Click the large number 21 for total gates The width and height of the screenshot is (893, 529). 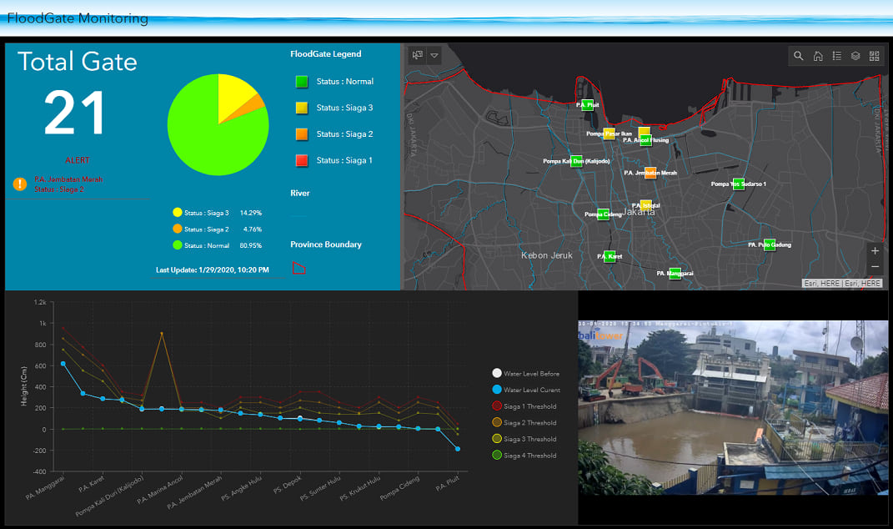[x=75, y=113]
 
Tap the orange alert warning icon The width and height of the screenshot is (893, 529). [x=20, y=184]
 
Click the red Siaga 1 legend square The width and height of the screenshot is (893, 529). [x=301, y=160]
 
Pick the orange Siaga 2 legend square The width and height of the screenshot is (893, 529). [x=301, y=134]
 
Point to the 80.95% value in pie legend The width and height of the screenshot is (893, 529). [x=250, y=246]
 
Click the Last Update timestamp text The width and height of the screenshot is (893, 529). [x=212, y=270]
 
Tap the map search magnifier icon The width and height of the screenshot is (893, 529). [x=798, y=56]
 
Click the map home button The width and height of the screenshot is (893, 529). [x=818, y=56]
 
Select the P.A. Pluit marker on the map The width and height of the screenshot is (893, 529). [x=587, y=104]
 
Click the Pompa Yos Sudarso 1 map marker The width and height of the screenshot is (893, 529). [x=738, y=184]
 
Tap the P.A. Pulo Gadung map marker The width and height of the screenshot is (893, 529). [x=769, y=244]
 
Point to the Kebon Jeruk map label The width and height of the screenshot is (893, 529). [x=547, y=255]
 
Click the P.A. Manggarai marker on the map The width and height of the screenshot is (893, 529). [x=675, y=273]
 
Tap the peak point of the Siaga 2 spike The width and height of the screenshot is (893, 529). [x=162, y=334]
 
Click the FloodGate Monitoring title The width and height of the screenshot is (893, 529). [x=78, y=18]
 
